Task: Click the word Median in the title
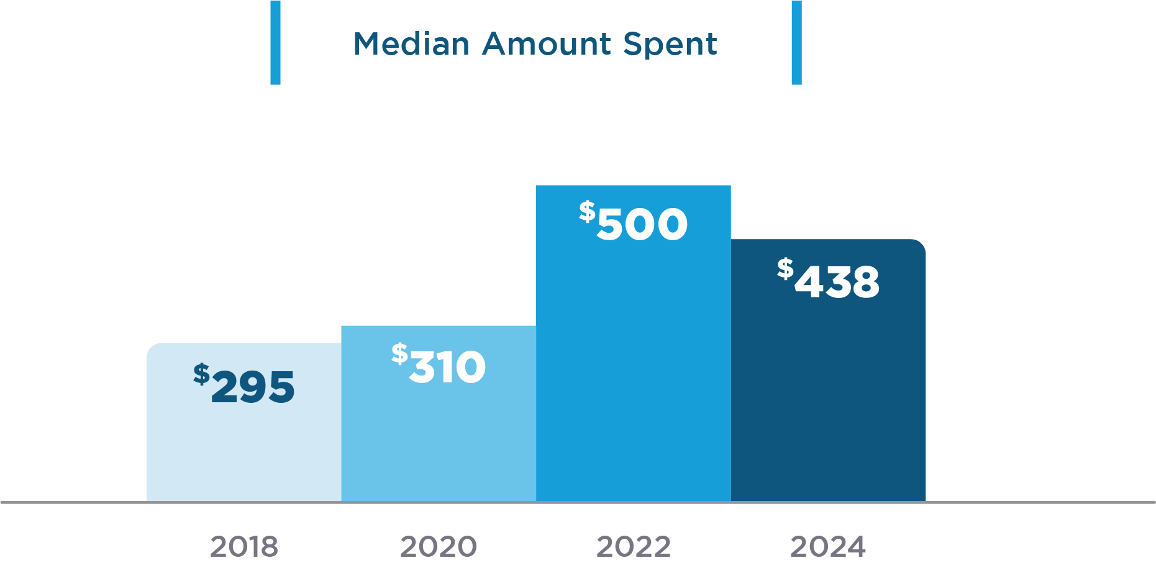[411, 44]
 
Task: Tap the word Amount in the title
[547, 44]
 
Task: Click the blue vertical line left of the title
[275, 42]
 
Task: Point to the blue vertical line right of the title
[796, 42]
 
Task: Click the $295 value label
[244, 385]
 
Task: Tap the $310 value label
[439, 364]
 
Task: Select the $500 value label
[633, 222]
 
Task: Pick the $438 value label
[828, 279]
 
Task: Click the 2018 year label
[244, 547]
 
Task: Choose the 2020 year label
[439, 547]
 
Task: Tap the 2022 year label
[634, 547]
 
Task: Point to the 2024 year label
[828, 547]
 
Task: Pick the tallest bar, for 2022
[633, 372]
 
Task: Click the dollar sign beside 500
[587, 212]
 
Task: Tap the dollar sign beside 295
[201, 374]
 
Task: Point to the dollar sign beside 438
[785, 269]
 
